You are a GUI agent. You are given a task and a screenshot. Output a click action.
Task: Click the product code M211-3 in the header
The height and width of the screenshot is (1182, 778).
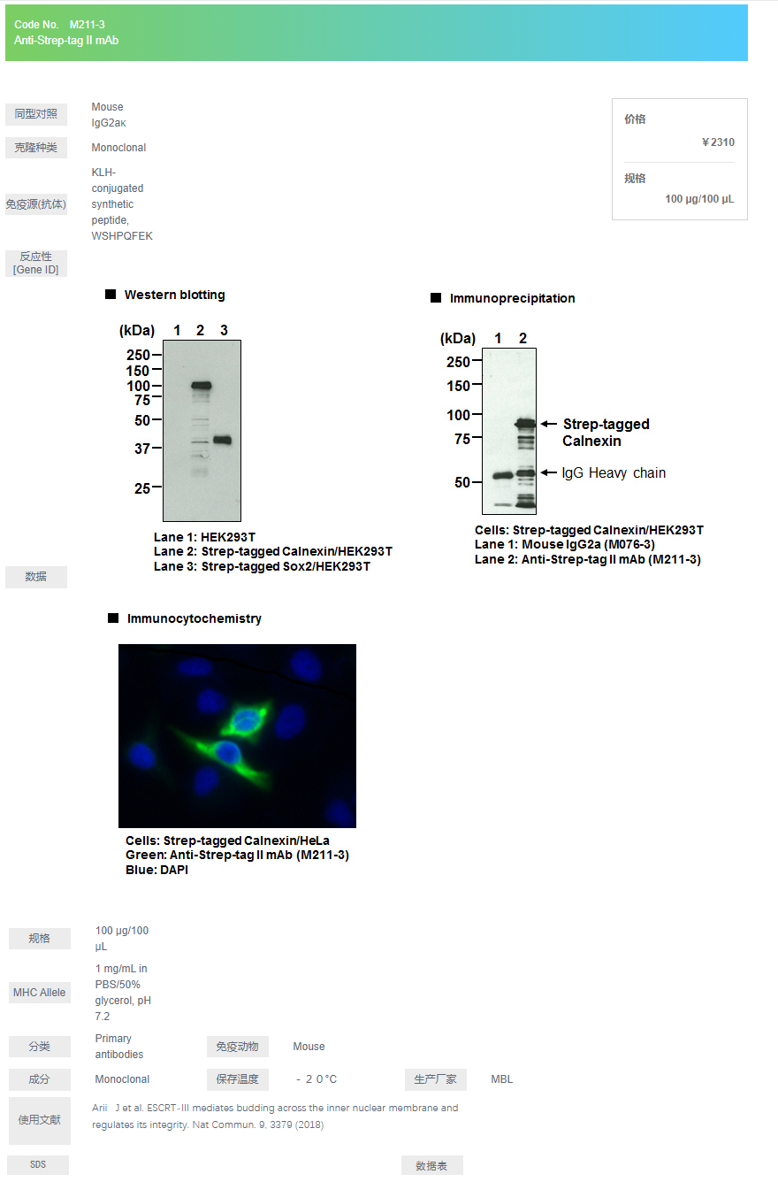click(x=87, y=24)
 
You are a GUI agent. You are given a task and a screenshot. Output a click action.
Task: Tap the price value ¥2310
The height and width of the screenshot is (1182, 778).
click(x=718, y=142)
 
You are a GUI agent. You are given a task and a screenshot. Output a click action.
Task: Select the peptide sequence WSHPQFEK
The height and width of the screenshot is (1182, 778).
click(x=122, y=236)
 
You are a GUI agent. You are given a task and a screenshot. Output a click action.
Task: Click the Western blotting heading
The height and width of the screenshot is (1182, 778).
click(x=174, y=295)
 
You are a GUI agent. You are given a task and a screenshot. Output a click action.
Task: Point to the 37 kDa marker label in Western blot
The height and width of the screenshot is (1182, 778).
click(x=141, y=449)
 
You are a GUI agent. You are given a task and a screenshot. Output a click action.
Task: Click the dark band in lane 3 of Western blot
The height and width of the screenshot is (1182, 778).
click(x=222, y=440)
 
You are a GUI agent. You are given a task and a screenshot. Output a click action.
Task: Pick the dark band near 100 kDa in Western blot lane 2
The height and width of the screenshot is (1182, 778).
click(x=201, y=385)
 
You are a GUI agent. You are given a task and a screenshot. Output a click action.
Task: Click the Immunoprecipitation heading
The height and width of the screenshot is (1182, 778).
click(x=512, y=298)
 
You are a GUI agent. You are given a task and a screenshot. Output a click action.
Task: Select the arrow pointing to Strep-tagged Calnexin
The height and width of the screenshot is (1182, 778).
click(x=549, y=423)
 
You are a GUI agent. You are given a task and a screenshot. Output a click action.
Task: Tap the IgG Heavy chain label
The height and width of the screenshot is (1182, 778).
click(x=614, y=472)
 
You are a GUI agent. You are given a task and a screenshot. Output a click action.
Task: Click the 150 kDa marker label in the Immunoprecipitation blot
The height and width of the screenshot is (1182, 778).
click(x=458, y=386)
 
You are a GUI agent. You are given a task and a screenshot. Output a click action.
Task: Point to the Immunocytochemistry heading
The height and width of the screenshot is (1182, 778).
click(x=194, y=618)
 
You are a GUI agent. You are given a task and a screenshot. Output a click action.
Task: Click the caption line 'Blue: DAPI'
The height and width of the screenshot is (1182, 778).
click(x=156, y=870)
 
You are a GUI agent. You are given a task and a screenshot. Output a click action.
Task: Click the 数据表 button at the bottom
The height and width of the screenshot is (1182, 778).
click(x=432, y=1165)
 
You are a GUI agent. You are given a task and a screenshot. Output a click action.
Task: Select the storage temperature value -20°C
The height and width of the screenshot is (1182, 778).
click(x=317, y=1079)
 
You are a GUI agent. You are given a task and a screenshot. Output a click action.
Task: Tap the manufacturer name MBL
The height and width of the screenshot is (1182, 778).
click(x=501, y=1079)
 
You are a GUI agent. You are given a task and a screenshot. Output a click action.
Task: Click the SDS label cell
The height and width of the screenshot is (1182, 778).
click(x=38, y=1164)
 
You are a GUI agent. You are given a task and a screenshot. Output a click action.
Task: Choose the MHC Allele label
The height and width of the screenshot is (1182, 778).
click(x=40, y=993)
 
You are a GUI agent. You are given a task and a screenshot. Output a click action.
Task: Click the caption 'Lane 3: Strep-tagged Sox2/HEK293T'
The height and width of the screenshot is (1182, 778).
click(x=263, y=566)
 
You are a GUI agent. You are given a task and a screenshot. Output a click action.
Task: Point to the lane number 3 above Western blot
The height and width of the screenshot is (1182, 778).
click(x=224, y=330)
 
